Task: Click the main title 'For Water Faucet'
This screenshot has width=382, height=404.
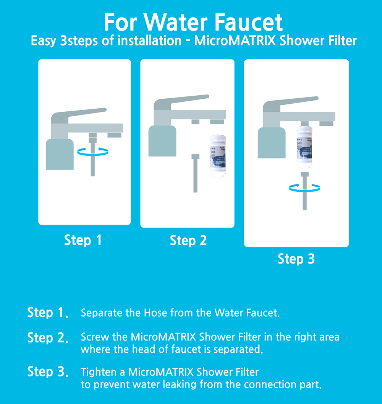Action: [x=193, y=23]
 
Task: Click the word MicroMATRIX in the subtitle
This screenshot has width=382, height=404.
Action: [x=235, y=41]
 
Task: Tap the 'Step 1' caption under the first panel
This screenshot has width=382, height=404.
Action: [x=83, y=240]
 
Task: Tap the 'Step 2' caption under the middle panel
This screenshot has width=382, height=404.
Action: [x=188, y=241]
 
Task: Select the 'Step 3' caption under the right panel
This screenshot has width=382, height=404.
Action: [x=296, y=259]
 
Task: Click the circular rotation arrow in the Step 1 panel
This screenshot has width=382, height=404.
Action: [x=92, y=151]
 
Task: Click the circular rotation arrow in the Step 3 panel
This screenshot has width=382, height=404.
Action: [x=304, y=187]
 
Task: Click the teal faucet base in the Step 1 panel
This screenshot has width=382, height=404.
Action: [x=60, y=154]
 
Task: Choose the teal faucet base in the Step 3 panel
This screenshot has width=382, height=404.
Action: [x=271, y=143]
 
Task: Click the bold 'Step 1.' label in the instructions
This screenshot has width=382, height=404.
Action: [x=48, y=313]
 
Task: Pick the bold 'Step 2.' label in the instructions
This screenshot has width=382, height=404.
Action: [x=48, y=338]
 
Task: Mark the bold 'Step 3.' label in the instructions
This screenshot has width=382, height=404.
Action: [x=48, y=372]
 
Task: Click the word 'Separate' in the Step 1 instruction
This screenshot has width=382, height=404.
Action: [x=102, y=313]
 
